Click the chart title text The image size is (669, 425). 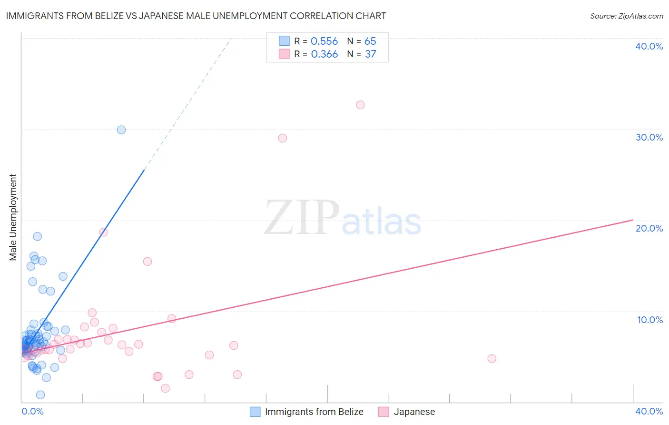[x=196, y=16]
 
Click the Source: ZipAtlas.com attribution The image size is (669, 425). [x=626, y=16]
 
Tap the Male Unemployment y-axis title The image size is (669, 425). [x=13, y=217]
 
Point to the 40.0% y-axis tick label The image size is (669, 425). [x=649, y=46]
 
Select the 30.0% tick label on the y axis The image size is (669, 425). [x=649, y=137]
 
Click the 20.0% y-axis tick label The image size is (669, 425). [x=649, y=228]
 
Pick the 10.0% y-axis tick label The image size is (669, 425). [x=650, y=320]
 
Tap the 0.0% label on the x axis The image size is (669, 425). [x=32, y=411]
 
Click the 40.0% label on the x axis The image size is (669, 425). [x=649, y=411]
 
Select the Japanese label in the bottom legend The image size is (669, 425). [x=414, y=412]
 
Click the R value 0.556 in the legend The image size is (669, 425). [x=324, y=41]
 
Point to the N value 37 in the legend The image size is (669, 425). [x=370, y=54]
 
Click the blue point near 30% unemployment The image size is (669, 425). [x=121, y=130]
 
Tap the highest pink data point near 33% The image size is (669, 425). [x=360, y=105]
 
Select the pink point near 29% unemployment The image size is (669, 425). [x=282, y=138]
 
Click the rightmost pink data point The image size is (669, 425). [x=492, y=358]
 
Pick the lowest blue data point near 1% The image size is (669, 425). [x=40, y=395]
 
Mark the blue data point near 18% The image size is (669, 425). [x=38, y=236]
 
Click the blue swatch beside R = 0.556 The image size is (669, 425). [x=284, y=41]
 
